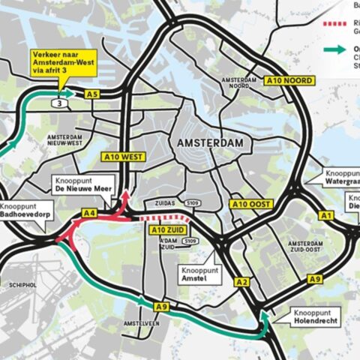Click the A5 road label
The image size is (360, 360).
[91, 94]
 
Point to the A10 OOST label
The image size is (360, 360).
[251, 204]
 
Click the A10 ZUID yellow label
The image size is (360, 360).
[168, 229]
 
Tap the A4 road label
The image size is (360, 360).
[89, 214]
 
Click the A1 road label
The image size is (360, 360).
[326, 215]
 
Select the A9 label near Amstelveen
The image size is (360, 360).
[161, 306]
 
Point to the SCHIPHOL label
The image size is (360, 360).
[21, 285]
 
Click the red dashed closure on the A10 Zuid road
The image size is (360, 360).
[163, 218]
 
